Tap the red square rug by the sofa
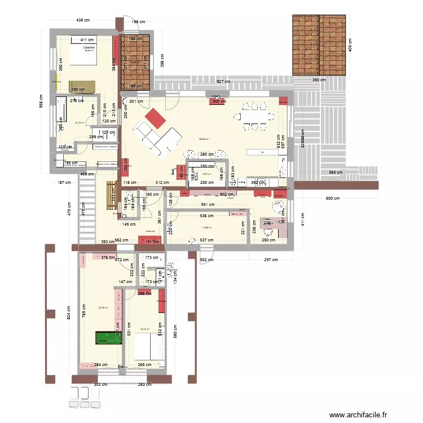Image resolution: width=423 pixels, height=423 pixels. (x=155, y=120)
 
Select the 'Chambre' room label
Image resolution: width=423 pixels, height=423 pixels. (x=89, y=49)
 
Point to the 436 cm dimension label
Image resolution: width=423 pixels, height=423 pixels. (x=83, y=21)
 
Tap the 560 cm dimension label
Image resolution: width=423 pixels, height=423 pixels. (x=336, y=173)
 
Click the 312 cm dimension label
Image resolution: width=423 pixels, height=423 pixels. (x=162, y=183)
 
